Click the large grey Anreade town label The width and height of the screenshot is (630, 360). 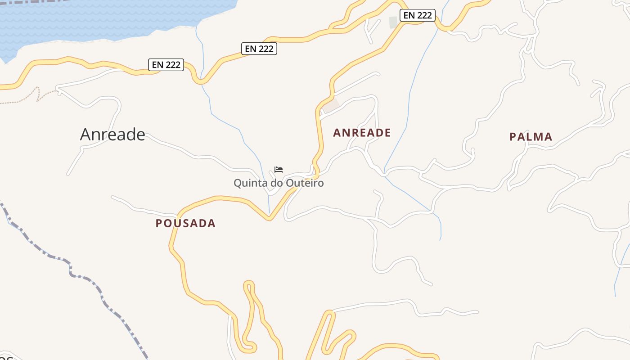pyautogui.click(x=112, y=134)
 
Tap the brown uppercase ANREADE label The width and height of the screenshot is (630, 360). pyautogui.click(x=362, y=133)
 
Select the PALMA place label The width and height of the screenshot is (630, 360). pyautogui.click(x=531, y=137)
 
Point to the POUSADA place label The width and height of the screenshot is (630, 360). pyautogui.click(x=185, y=223)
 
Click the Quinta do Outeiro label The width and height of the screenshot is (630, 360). pyautogui.click(x=279, y=183)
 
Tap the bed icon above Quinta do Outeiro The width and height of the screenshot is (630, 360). pyautogui.click(x=279, y=170)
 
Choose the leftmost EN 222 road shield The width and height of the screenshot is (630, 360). pyautogui.click(x=166, y=65)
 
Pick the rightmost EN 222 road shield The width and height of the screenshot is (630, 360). pyautogui.click(x=418, y=15)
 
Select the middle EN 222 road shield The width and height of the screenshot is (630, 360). pyautogui.click(x=259, y=49)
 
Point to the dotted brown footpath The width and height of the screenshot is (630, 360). pyautogui.click(x=27, y=99)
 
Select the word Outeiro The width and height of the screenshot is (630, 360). pyautogui.click(x=306, y=183)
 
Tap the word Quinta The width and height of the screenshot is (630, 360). pyautogui.click(x=248, y=183)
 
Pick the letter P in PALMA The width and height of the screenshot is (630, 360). pyautogui.click(x=513, y=137)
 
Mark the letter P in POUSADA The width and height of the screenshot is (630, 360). pyautogui.click(x=159, y=223)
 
